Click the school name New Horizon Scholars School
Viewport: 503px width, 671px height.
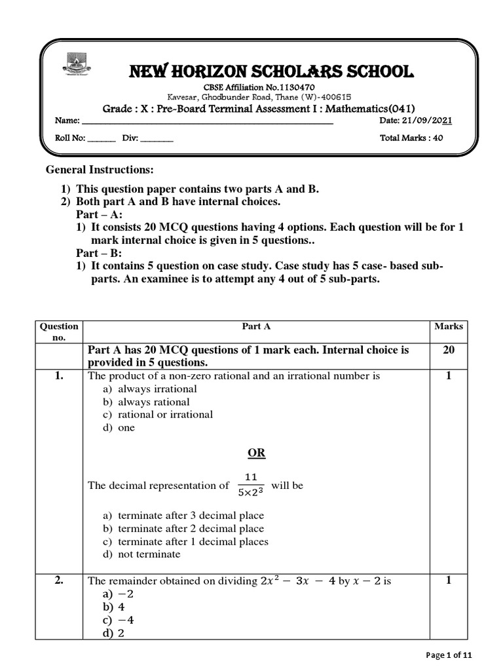point(259,72)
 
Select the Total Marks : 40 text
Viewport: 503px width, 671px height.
point(411,138)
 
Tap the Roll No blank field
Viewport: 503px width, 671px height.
point(101,138)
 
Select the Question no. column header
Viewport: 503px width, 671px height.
point(59,331)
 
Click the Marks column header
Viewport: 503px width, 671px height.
point(448,326)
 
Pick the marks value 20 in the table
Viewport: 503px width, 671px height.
point(448,350)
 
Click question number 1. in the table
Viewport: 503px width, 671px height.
point(59,376)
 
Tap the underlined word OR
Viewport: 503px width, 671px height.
point(256,453)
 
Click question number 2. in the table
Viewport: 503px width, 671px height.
point(59,581)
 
